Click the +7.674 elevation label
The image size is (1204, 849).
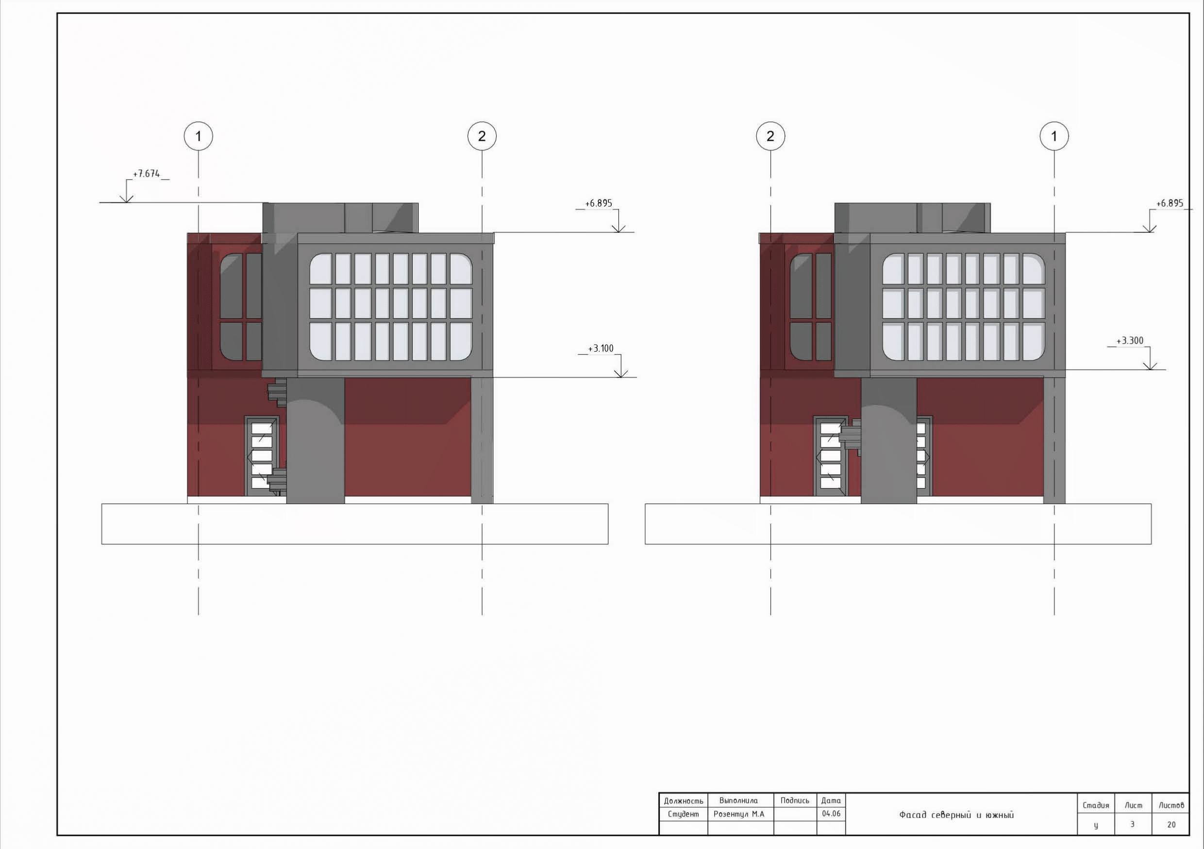[146, 174]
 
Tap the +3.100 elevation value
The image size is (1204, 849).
[601, 348]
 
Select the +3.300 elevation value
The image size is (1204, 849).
[1130, 341]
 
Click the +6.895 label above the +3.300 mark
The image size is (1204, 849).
[1170, 203]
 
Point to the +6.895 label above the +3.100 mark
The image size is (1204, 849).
[598, 203]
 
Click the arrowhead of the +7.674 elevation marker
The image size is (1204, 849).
[126, 198]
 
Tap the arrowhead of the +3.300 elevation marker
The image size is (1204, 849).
[1150, 366]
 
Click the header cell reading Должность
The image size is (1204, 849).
[683, 801]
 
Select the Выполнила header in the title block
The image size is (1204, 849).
[738, 801]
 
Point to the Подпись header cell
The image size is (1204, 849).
[794, 801]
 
